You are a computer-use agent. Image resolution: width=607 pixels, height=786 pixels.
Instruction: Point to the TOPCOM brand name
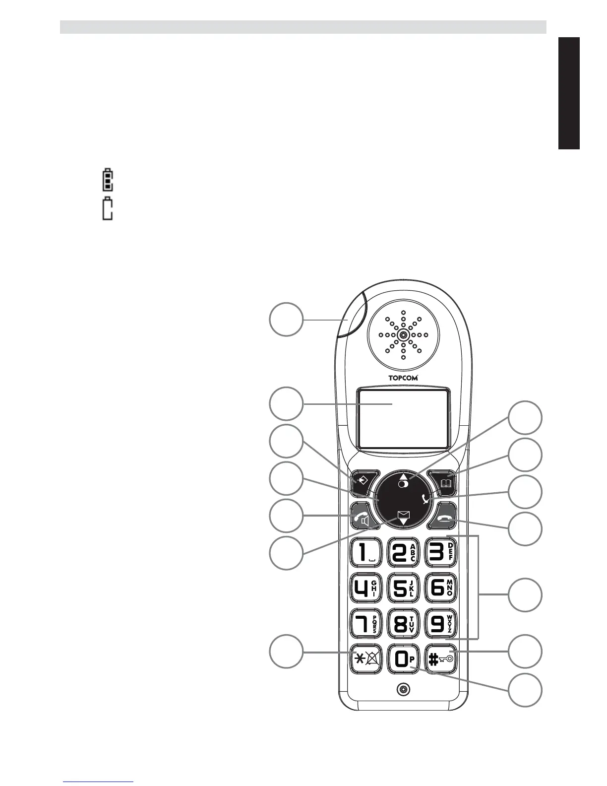pos(403,378)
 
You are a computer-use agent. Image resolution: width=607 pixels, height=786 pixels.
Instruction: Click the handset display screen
pos(403,418)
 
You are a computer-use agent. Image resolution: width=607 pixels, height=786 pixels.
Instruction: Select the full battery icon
pos(107,181)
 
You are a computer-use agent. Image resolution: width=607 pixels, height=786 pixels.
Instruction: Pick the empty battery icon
pos(107,209)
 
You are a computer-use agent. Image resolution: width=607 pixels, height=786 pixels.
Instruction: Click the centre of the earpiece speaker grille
pos(403,335)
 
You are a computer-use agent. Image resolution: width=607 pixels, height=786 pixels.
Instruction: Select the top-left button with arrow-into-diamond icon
pos(363,481)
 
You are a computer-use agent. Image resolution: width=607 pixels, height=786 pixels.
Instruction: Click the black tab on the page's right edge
pos(569,93)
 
